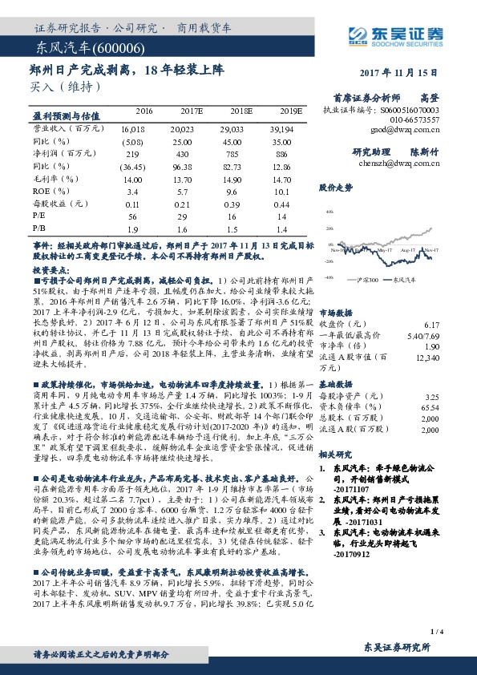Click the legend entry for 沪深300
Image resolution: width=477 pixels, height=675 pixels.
point(371,278)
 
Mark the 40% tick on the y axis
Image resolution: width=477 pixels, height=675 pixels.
point(329,212)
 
